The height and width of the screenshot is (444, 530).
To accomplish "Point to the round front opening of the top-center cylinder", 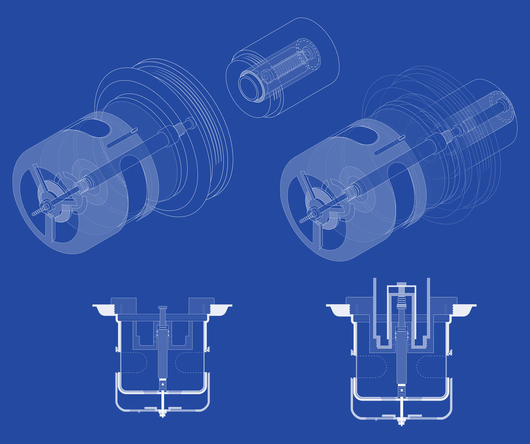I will (x=251, y=88).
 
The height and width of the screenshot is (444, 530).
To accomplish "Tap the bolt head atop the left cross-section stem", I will (x=163, y=307).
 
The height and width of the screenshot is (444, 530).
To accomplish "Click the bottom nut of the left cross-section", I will (x=163, y=414).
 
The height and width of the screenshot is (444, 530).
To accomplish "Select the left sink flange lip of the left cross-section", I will (x=103, y=309).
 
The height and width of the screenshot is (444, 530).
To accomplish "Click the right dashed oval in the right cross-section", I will (x=431, y=367).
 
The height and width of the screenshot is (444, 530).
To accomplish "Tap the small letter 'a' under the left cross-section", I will (x=139, y=412).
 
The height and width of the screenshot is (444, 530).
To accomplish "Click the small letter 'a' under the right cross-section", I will (x=376, y=419).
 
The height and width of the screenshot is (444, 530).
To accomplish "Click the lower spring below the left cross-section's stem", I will (x=163, y=384).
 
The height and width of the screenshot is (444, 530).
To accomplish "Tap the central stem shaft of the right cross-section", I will (x=401, y=361).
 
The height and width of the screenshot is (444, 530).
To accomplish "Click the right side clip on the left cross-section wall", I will (x=207, y=349).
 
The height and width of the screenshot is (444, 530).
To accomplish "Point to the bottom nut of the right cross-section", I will (x=401, y=422).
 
